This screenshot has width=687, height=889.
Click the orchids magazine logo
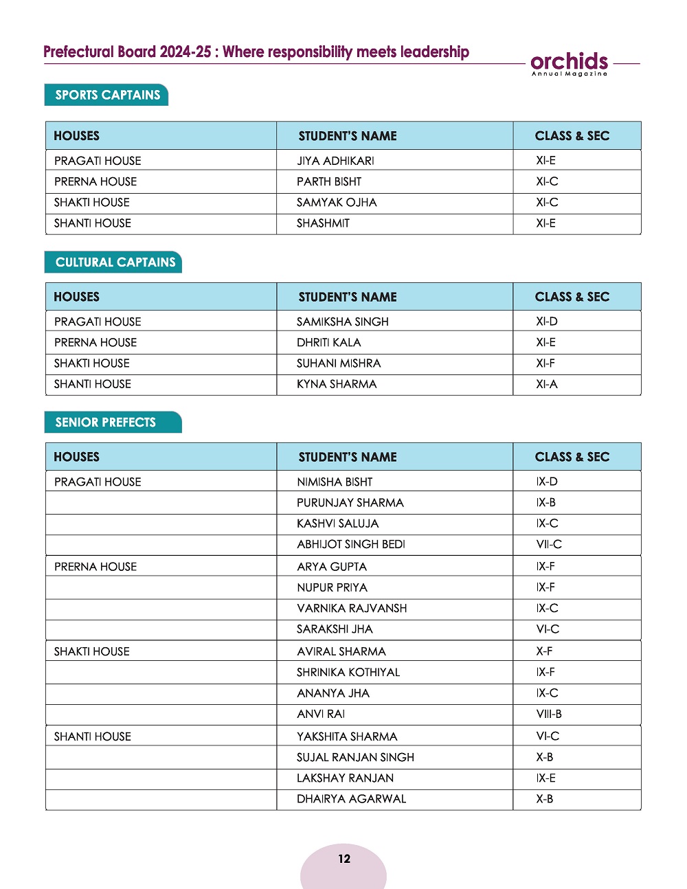click(570, 63)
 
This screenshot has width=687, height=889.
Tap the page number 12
click(344, 859)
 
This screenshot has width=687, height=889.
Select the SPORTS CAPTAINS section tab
click(107, 95)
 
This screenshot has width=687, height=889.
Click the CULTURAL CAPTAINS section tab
click(115, 262)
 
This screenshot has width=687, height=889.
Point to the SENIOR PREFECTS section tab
click(105, 422)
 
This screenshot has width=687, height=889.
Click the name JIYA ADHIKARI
click(335, 161)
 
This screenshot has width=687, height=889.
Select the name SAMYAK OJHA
click(337, 203)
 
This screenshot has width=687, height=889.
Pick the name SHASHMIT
click(323, 223)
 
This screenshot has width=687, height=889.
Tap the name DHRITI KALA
click(328, 342)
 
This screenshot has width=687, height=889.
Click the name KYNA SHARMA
click(337, 384)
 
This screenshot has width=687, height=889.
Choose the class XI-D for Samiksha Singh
click(547, 322)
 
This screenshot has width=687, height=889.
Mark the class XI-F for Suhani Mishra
click(545, 363)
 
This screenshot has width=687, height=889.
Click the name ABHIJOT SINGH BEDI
click(350, 544)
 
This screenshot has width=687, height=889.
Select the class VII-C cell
click(549, 544)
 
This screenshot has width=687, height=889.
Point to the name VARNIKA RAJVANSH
click(352, 608)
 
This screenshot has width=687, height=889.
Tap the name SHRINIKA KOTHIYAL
click(348, 672)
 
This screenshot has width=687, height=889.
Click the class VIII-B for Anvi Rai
click(549, 714)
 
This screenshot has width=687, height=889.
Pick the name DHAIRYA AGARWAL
click(351, 799)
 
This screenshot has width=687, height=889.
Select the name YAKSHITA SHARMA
click(347, 736)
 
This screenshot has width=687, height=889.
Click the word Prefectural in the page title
click(78, 52)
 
